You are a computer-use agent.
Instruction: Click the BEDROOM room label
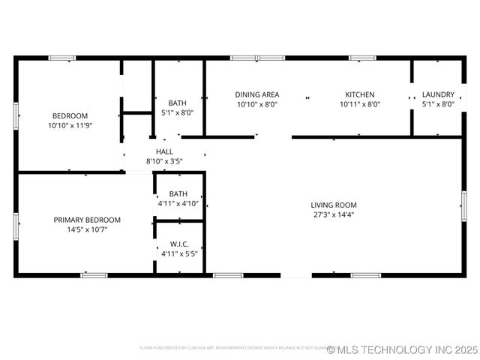(x=70, y=115)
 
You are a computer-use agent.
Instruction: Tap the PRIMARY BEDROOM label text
(x=87, y=220)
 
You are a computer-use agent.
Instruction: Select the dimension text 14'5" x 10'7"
(x=87, y=229)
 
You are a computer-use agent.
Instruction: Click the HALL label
(x=164, y=151)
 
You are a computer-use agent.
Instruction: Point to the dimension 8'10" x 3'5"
(x=164, y=160)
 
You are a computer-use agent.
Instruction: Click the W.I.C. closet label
(x=178, y=244)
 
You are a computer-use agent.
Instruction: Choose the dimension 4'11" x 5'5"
(x=178, y=253)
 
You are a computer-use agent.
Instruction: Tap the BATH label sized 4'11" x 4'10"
(x=178, y=193)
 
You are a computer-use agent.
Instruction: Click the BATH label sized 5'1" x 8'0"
(x=178, y=103)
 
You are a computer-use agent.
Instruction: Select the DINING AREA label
(x=257, y=94)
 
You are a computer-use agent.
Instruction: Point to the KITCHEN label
(x=360, y=94)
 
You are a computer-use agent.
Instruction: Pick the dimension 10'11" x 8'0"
(x=360, y=104)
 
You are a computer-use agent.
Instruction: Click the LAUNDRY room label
(x=438, y=94)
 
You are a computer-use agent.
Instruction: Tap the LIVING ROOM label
(x=334, y=205)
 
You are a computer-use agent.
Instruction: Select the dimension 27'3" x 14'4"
(x=334, y=214)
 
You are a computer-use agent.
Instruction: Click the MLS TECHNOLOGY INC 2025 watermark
(x=402, y=349)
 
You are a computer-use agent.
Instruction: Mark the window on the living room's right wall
(x=463, y=205)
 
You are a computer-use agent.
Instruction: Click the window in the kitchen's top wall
(x=362, y=57)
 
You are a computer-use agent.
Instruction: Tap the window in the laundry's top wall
(x=438, y=57)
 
